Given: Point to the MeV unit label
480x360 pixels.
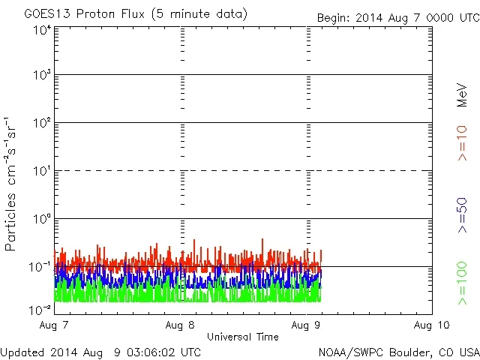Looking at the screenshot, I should (462, 96).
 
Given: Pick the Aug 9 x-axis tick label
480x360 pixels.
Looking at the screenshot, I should (306, 325).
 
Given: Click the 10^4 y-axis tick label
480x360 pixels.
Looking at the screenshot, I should (41, 30).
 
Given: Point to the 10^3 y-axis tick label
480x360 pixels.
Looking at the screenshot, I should (41, 76).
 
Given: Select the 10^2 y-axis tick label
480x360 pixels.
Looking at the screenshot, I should (41, 124).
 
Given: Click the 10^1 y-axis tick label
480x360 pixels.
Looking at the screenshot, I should (41, 172).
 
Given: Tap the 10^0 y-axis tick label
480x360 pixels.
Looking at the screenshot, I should (41, 220).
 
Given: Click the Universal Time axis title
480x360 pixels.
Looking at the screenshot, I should (243, 337).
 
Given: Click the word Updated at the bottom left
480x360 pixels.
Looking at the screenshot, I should (21, 351).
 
